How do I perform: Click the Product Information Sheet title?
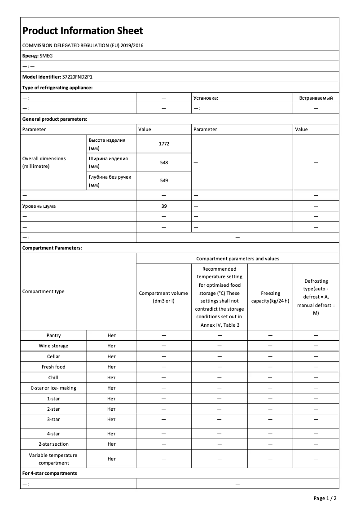(83, 31)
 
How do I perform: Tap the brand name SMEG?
(46, 56)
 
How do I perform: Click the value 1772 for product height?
(163, 144)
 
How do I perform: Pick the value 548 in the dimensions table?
(163, 162)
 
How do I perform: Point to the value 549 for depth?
(163, 180)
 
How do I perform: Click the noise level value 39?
(163, 206)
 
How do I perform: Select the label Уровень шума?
(39, 206)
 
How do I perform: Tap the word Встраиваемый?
(316, 98)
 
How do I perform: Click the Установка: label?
(206, 98)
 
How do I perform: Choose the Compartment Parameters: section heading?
(52, 248)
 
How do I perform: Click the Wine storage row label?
(53, 346)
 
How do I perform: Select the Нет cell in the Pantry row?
(111, 335)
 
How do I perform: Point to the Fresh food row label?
(53, 367)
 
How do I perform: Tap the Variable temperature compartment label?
(53, 459)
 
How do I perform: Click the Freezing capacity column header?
(270, 297)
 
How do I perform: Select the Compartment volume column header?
(163, 297)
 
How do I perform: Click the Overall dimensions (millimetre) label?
(44, 162)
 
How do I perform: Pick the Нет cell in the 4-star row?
(111, 434)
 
